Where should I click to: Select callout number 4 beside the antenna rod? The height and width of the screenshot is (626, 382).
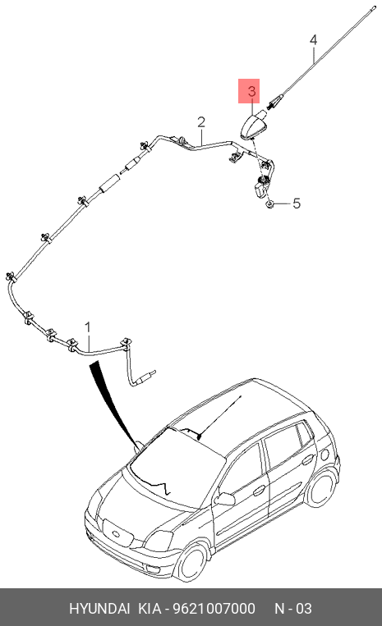(x=313, y=40)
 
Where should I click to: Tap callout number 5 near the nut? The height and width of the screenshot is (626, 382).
(x=296, y=203)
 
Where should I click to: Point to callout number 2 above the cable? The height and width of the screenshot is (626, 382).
(x=201, y=121)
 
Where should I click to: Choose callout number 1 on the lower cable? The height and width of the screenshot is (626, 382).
(x=88, y=328)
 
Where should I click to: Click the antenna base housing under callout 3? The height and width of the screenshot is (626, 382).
(x=254, y=125)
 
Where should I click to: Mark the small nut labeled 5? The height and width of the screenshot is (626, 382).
(x=270, y=204)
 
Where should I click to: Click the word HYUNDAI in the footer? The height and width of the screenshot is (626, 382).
(x=99, y=609)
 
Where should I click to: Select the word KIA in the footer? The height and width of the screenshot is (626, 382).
(x=150, y=609)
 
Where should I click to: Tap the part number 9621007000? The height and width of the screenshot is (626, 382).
(x=214, y=609)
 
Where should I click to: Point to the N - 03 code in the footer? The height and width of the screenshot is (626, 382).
(x=293, y=609)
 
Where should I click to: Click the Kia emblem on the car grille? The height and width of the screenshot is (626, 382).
(x=117, y=534)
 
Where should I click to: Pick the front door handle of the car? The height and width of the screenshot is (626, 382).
(x=259, y=490)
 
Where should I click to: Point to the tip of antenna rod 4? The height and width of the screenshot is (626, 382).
(x=375, y=6)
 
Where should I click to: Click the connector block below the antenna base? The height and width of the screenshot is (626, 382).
(x=261, y=187)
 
